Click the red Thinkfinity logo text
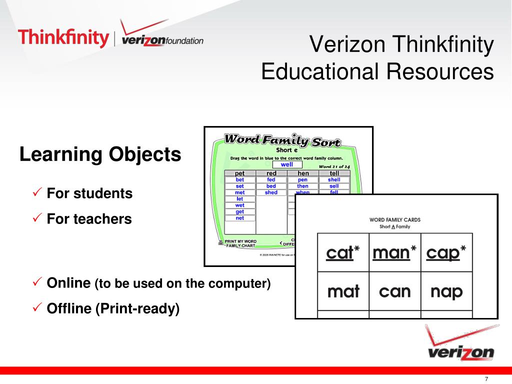[63, 38]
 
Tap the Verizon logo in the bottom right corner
[460, 346]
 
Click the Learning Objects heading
[100, 154]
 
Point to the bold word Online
[68, 283]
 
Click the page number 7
[486, 378]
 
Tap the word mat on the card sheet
[343, 291]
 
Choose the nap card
[446, 291]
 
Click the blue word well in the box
[287, 164]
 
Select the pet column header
[239, 173]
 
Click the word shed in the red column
[271, 192]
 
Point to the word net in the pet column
[239, 218]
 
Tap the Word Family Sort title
[282, 140]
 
